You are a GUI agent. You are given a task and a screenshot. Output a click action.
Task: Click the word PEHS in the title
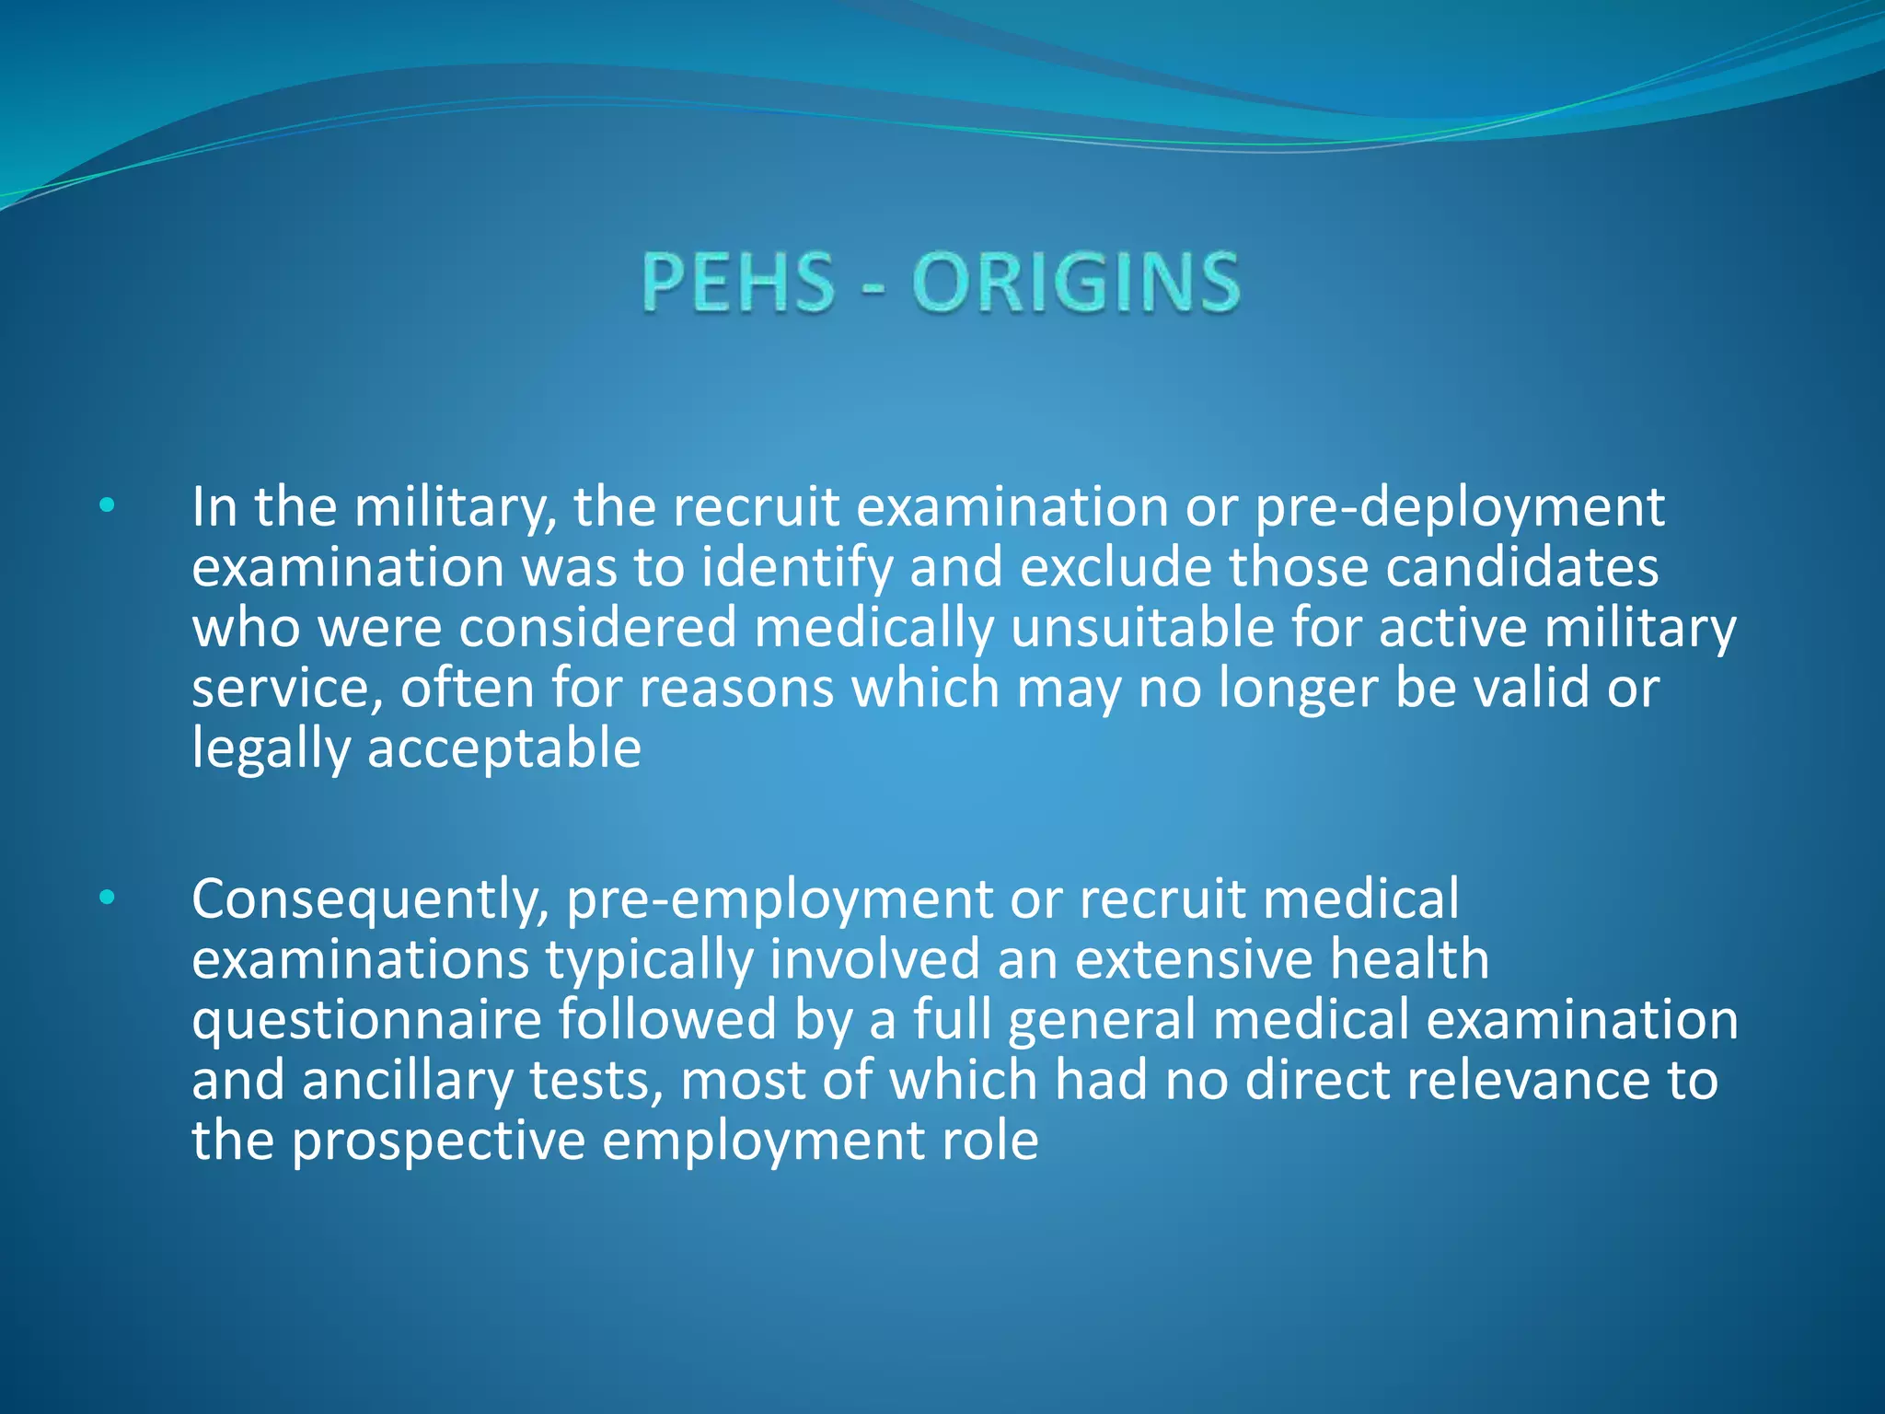[x=737, y=282]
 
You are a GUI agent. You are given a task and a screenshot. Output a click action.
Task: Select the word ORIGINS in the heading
[x=1076, y=282]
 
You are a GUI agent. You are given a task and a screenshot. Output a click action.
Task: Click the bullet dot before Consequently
[x=108, y=897]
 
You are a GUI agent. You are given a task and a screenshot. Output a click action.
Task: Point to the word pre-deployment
[x=1460, y=508]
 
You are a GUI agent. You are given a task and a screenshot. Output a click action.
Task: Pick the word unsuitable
[x=1141, y=629]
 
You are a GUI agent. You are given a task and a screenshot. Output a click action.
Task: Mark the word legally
[x=271, y=749]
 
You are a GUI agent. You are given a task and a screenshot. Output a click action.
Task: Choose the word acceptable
[x=504, y=749]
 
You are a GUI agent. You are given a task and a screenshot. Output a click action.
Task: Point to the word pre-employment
[x=779, y=900]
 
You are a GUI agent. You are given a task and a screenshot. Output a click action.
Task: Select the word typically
[x=649, y=961]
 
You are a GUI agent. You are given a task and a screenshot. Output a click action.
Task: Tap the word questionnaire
[x=366, y=1021]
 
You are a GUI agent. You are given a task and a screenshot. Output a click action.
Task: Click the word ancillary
[x=407, y=1081]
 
